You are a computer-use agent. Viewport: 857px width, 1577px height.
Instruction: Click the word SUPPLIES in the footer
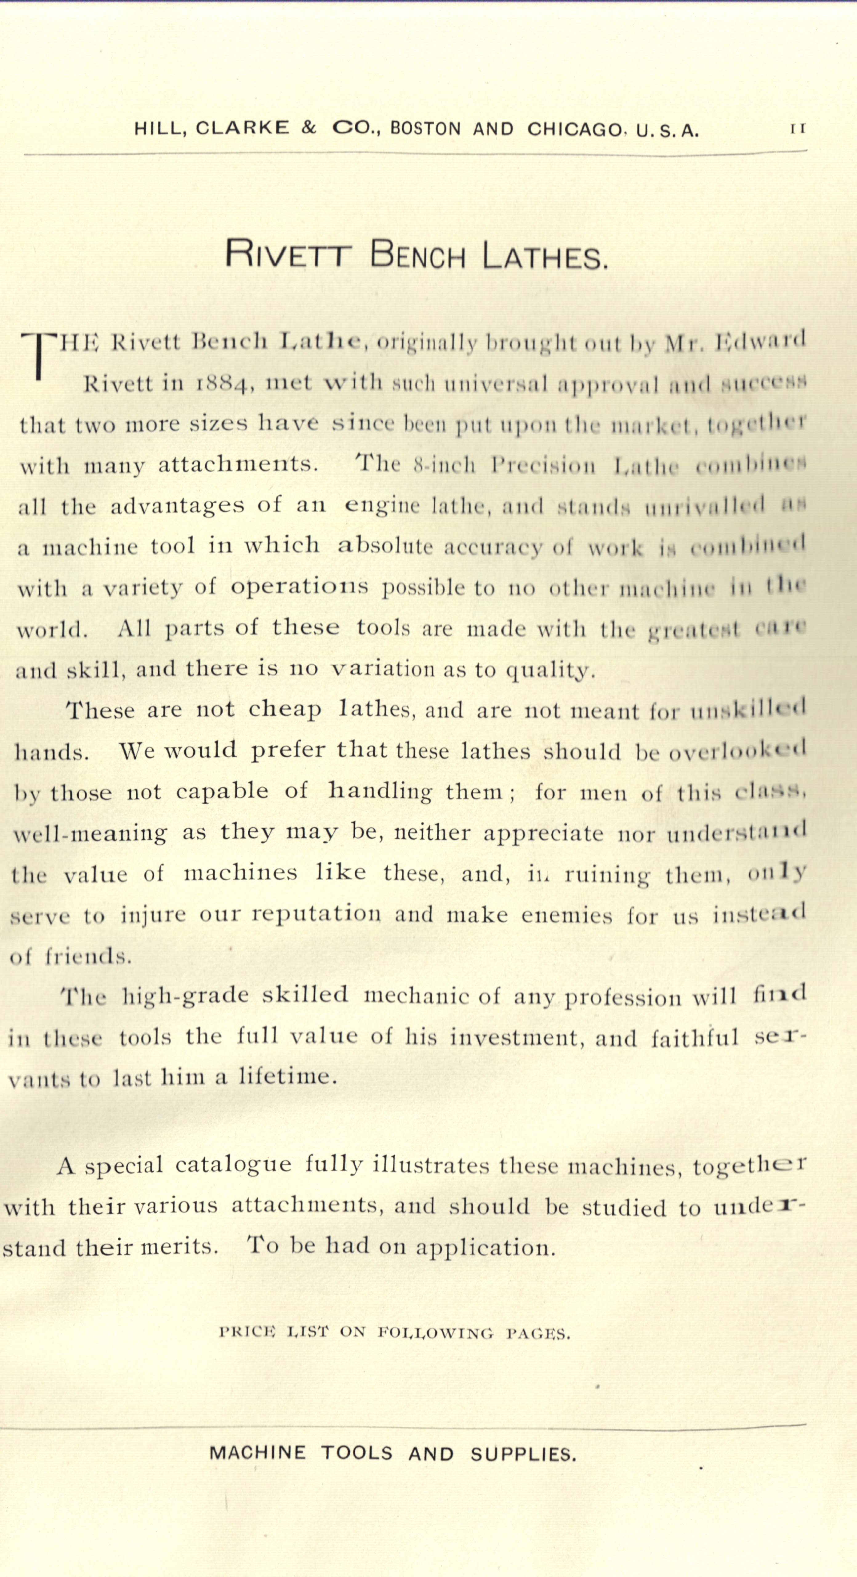[523, 1454]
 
